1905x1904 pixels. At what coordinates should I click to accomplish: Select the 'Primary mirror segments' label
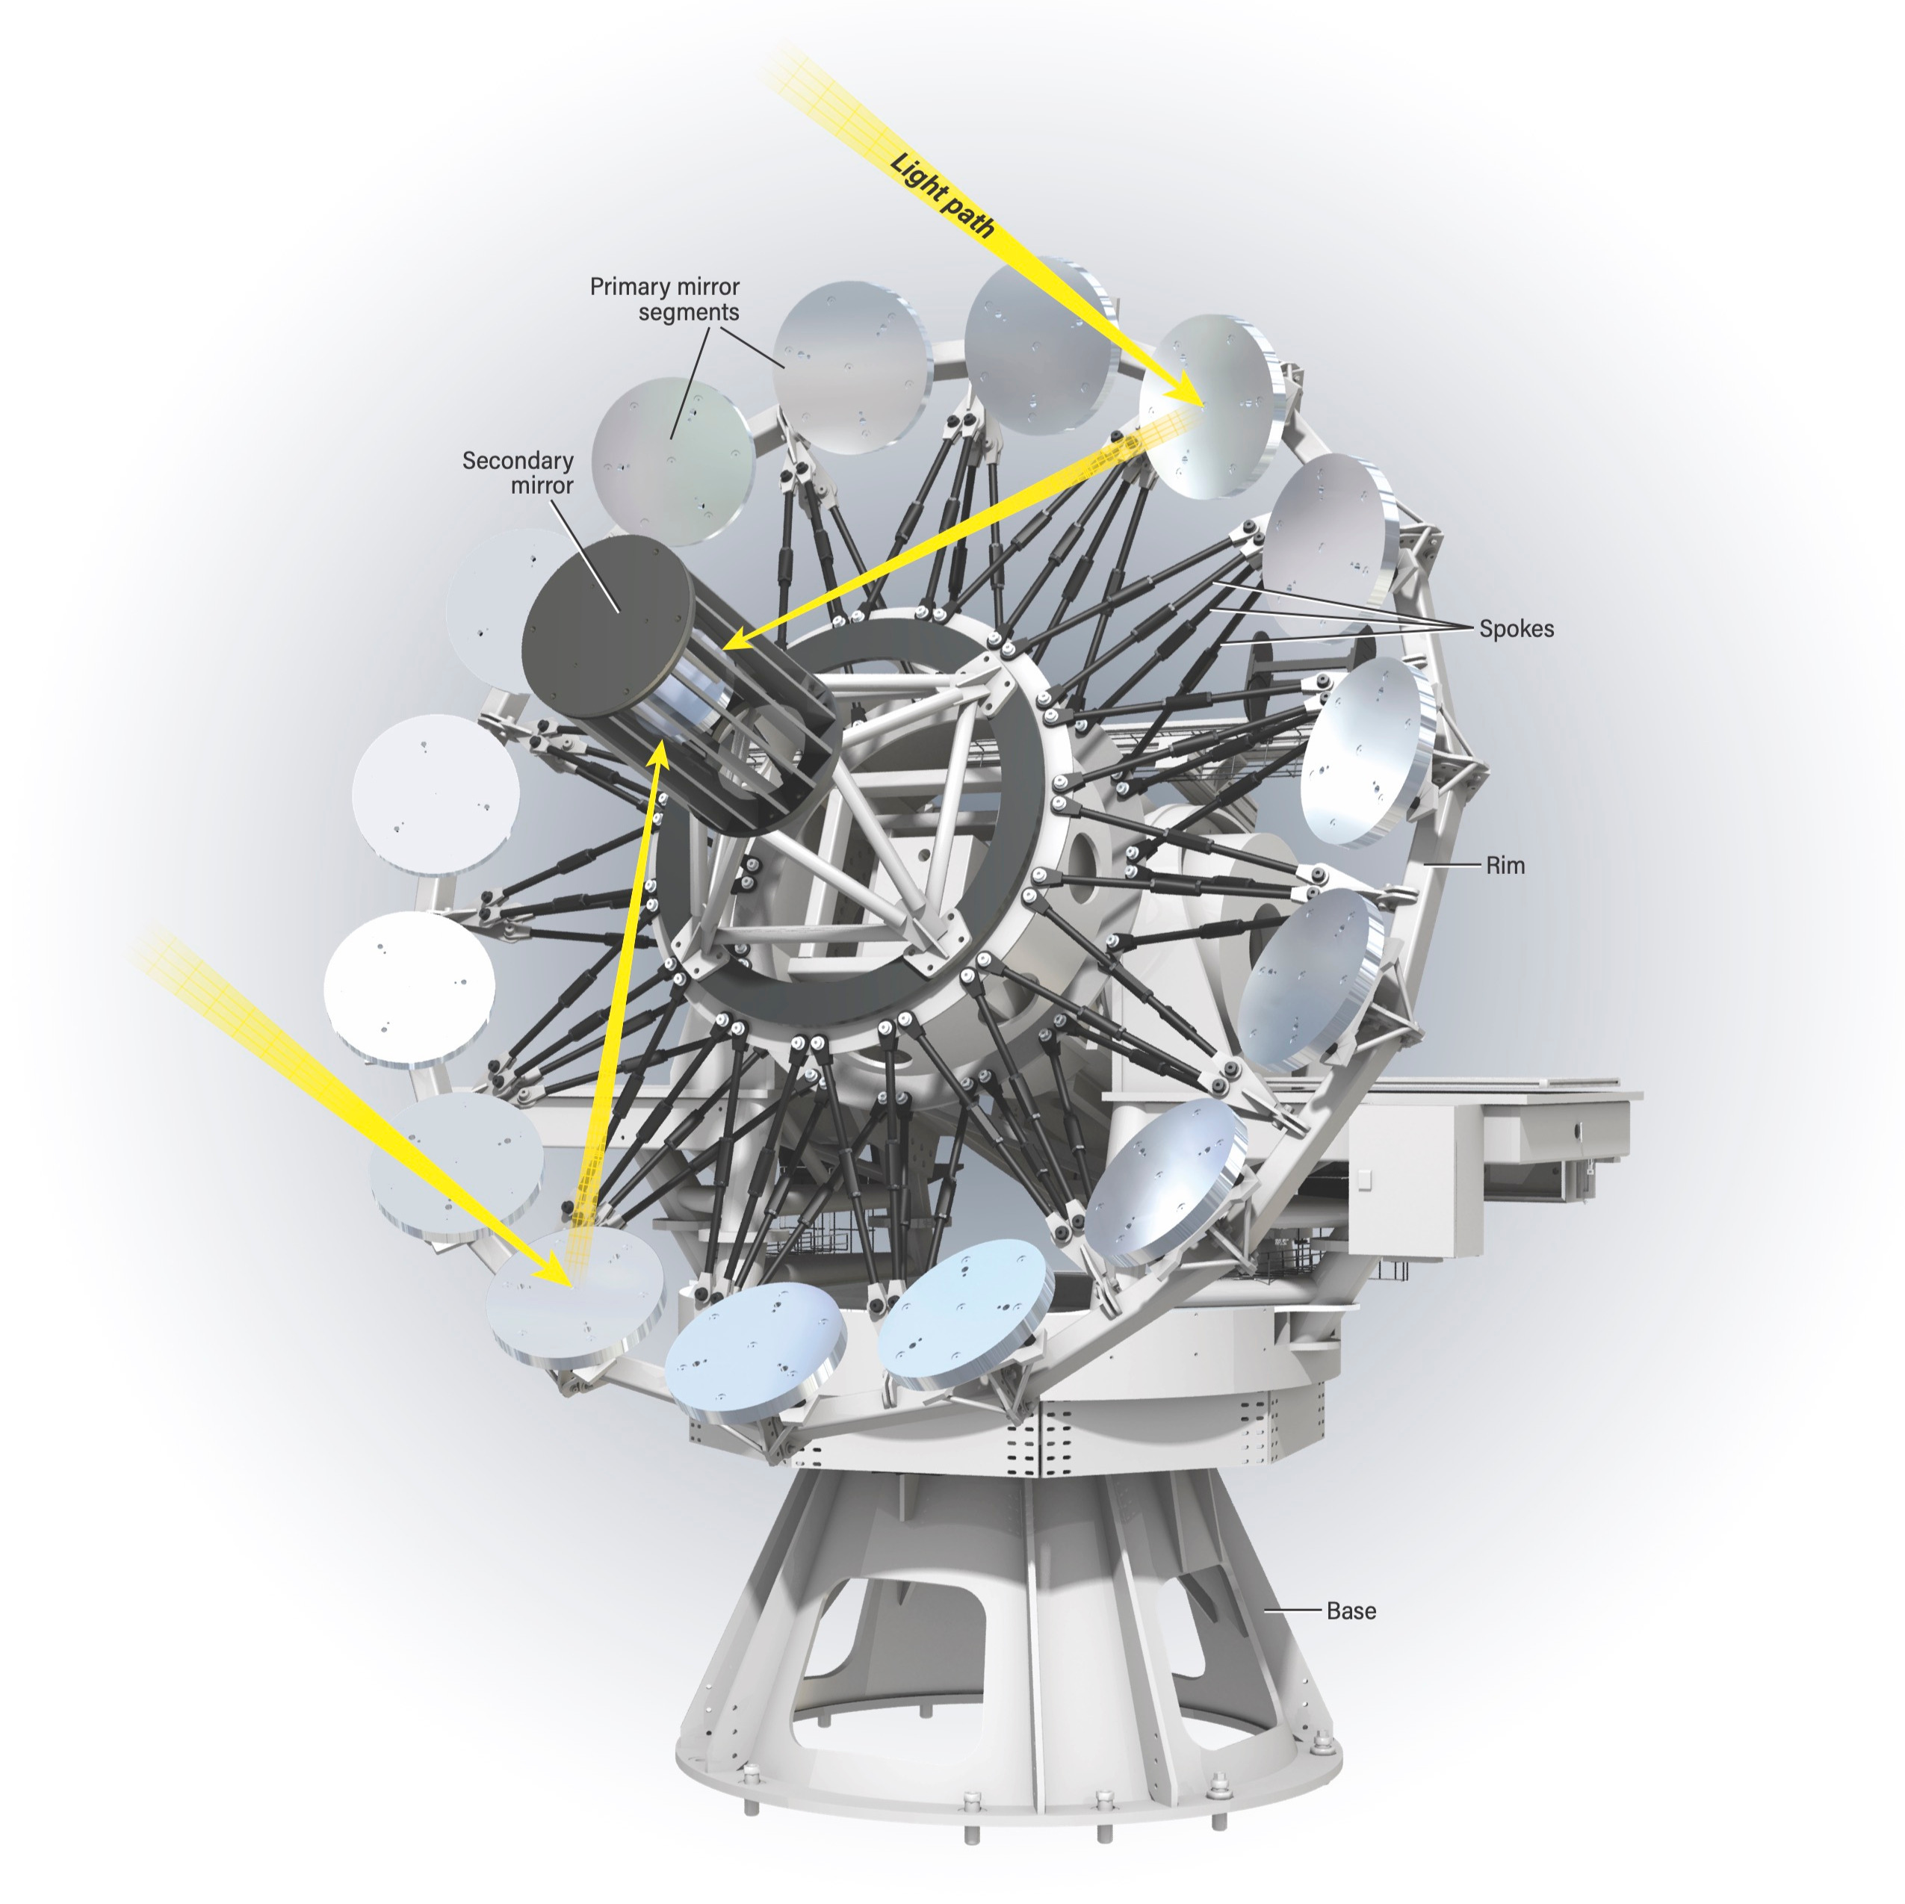coord(665,299)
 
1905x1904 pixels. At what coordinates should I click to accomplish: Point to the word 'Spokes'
coord(1516,629)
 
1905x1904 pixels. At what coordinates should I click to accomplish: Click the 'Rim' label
coord(1505,866)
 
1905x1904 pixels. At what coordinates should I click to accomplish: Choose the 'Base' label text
coord(1351,1611)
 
